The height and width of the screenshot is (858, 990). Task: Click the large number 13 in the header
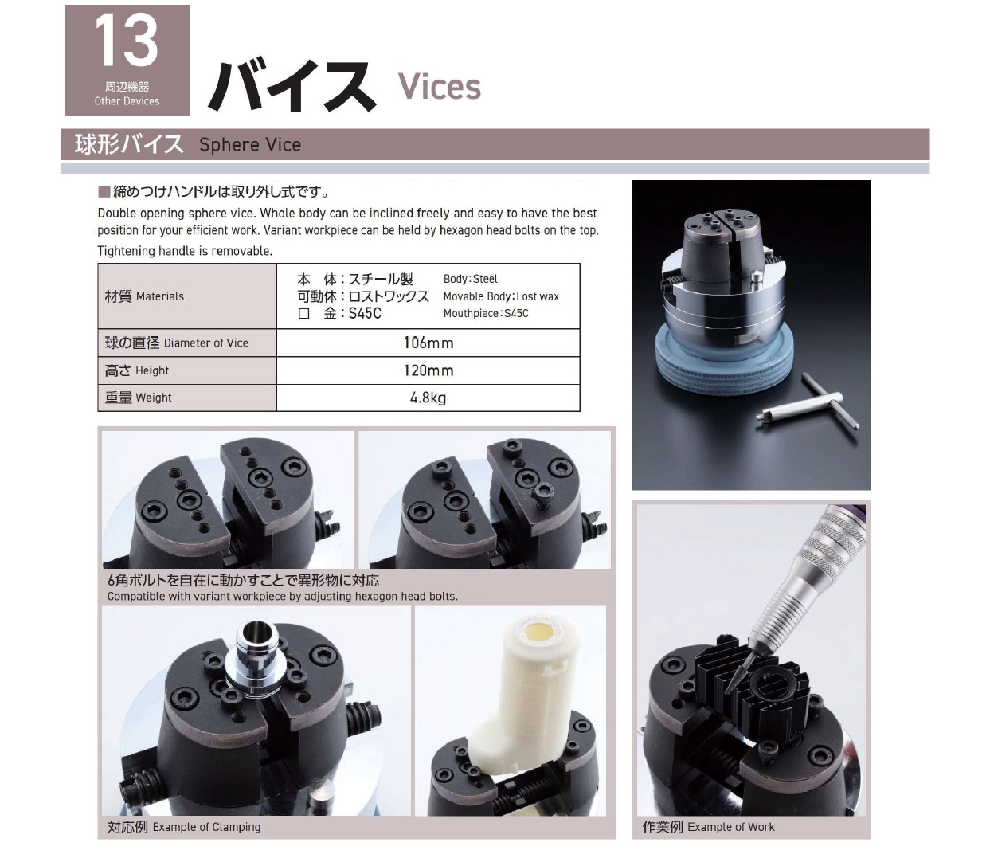pos(127,41)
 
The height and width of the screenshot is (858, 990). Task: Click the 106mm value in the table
pos(428,343)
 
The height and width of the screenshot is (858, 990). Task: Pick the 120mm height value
pos(428,370)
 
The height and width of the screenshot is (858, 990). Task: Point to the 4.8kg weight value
pos(428,398)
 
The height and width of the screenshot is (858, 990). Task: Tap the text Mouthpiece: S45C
pos(486,313)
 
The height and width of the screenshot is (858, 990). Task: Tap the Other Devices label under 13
pos(127,101)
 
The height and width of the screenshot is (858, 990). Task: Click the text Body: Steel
pos(471,279)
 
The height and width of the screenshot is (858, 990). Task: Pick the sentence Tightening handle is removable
pos(185,251)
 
